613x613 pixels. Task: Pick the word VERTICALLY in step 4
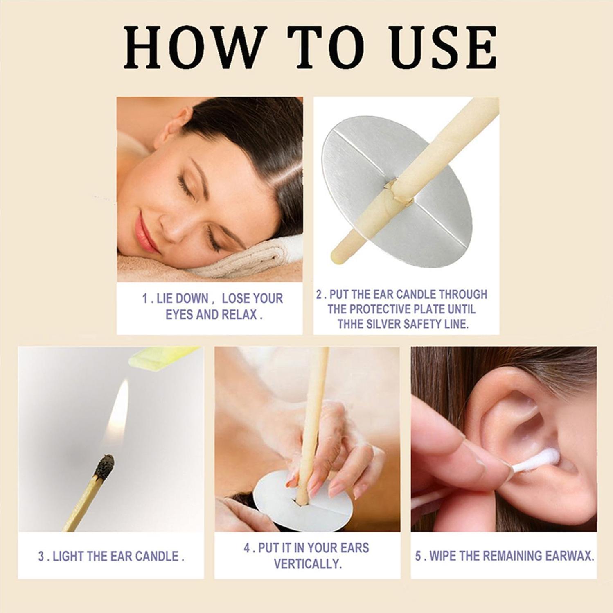pos(307,564)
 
